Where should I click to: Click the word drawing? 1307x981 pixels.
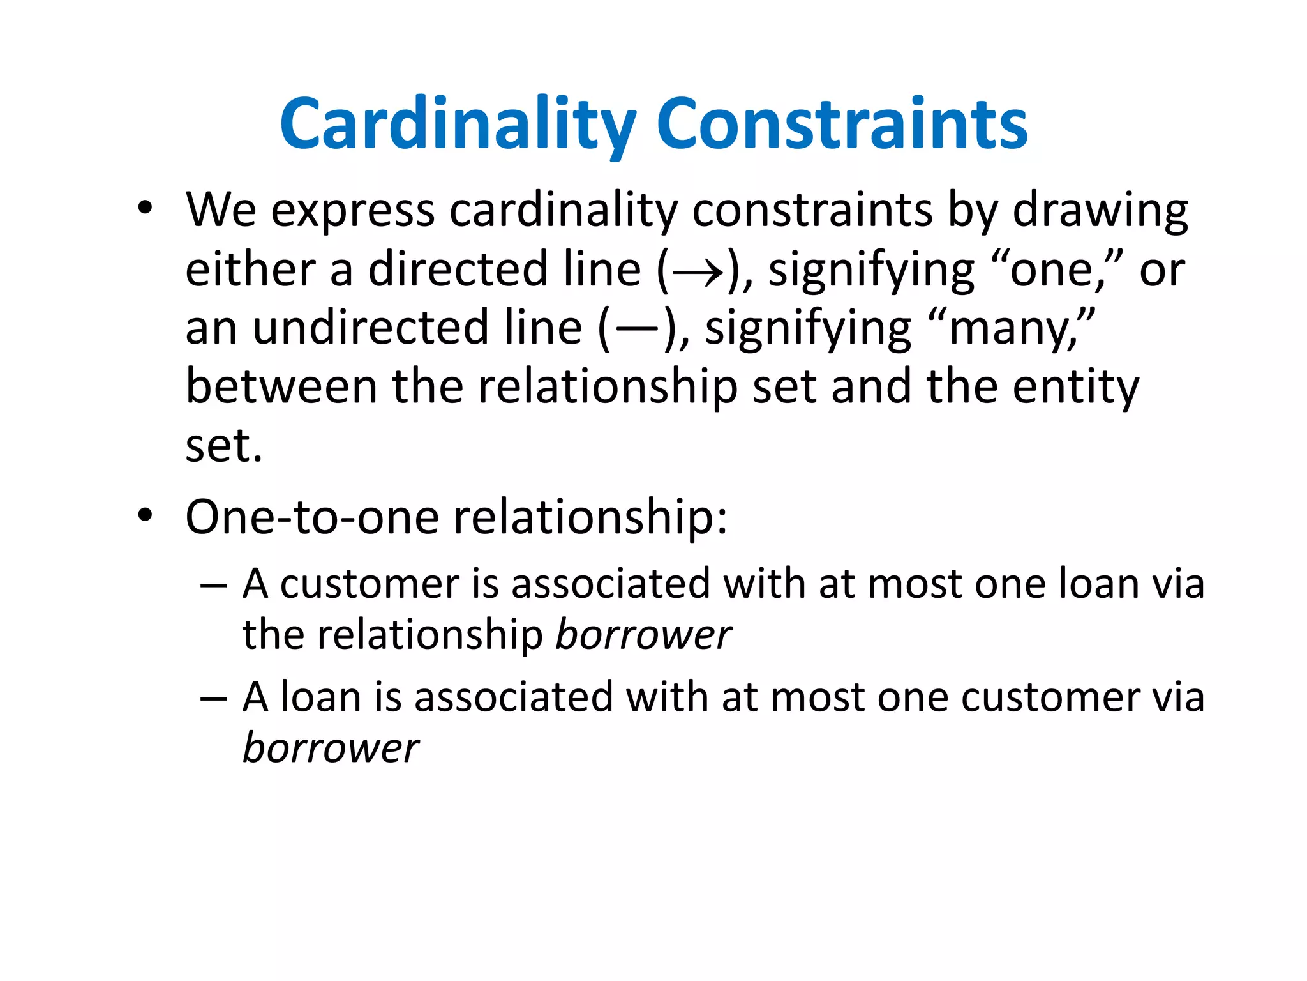(x=1100, y=211)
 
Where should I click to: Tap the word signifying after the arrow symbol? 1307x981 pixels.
(x=871, y=271)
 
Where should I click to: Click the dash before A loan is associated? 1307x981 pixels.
(x=213, y=698)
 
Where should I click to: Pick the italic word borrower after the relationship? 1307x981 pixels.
(x=643, y=635)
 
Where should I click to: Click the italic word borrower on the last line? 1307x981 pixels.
(x=331, y=748)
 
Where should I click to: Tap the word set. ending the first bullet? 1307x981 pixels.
(x=223, y=446)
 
